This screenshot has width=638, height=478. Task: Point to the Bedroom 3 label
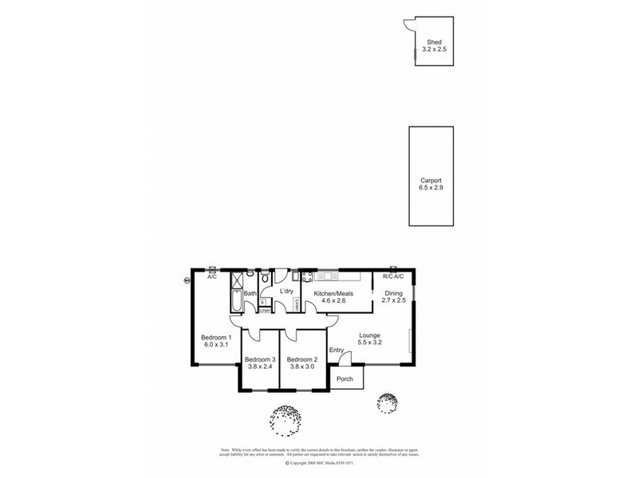[x=260, y=358]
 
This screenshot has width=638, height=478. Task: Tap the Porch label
[x=345, y=378]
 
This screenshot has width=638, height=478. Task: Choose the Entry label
[x=336, y=351]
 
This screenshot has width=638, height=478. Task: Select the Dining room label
[x=394, y=293]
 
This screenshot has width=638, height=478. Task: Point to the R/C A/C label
[x=393, y=276]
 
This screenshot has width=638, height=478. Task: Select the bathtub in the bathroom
[x=236, y=301]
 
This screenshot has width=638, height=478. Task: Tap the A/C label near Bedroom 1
[x=212, y=276]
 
